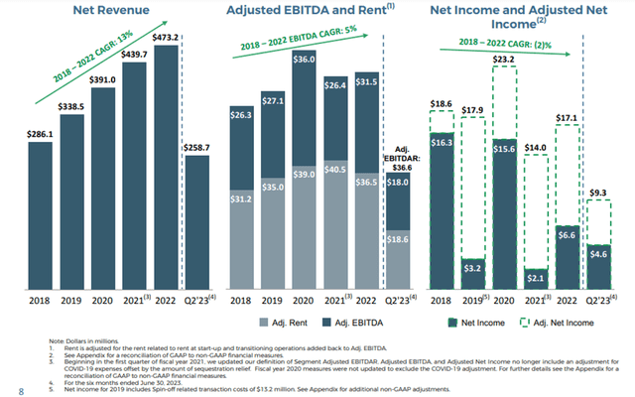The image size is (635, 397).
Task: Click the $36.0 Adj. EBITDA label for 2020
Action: pyautogui.click(x=303, y=60)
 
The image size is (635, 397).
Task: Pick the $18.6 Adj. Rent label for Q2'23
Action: pyautogui.click(x=397, y=239)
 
